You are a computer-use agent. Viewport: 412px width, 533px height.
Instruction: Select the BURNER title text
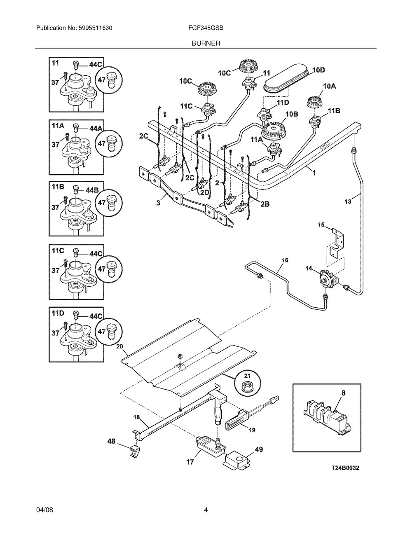tap(206, 42)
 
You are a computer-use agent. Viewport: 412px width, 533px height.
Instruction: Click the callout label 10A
tap(329, 86)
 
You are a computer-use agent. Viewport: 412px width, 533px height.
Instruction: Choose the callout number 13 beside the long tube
tap(348, 201)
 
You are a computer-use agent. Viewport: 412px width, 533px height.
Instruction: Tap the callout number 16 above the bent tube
tap(285, 260)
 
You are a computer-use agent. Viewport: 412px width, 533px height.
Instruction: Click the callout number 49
tap(259, 449)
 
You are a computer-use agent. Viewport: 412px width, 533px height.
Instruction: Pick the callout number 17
tap(190, 463)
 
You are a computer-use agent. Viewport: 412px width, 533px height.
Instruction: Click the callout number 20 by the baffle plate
tap(120, 346)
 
